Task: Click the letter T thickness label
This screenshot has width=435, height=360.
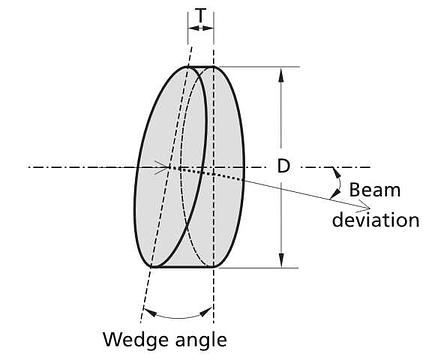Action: click(200, 15)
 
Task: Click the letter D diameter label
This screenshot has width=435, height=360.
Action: click(284, 166)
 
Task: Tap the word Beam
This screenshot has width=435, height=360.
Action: click(375, 190)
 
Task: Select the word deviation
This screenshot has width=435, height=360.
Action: click(376, 220)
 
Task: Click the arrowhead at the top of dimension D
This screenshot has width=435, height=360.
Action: click(281, 75)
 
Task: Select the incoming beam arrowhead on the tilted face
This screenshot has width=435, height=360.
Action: click(163, 167)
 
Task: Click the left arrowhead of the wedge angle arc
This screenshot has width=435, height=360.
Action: click(151, 312)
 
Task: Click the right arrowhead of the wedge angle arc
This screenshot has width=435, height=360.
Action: click(206, 312)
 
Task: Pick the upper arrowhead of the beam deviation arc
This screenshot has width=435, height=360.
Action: click(337, 172)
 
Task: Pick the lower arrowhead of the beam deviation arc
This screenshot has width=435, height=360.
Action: click(336, 194)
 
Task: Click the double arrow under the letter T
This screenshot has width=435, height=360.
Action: click(200, 28)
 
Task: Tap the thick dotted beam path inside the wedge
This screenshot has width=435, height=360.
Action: click(211, 174)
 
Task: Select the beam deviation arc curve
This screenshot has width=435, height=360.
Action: click(339, 183)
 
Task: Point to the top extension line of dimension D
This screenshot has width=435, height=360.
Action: click(257, 67)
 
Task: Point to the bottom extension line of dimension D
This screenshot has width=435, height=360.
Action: click(256, 267)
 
